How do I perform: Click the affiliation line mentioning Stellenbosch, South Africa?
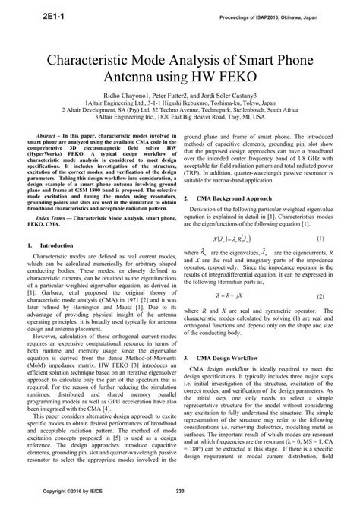coord(180,115)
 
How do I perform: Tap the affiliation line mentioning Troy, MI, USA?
coord(180,122)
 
